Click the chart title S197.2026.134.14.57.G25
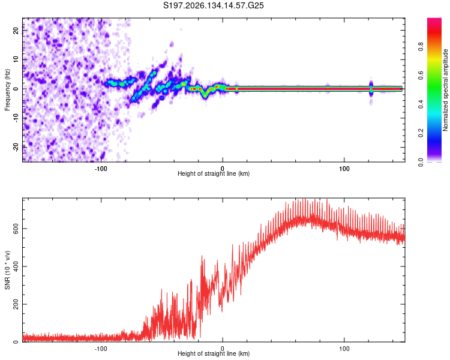point(213,5)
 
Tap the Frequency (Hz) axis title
point(7,90)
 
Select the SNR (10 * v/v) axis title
point(7,270)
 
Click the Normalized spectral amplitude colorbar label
point(445,90)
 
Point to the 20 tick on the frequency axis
point(16,30)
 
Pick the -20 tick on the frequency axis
point(16,146)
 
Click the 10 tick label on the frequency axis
point(16,59)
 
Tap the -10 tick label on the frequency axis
point(16,118)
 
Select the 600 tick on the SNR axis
point(16,229)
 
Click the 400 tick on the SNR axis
point(16,266)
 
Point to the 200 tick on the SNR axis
point(16,304)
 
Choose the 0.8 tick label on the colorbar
point(421,47)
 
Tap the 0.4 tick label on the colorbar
point(421,104)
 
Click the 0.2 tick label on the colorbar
point(421,133)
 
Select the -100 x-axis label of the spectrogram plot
point(101,169)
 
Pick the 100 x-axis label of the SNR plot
point(344,349)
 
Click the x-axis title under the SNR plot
point(214,353)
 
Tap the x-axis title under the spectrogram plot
point(214,173)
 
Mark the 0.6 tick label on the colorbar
point(421,76)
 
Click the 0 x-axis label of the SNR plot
point(223,349)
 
